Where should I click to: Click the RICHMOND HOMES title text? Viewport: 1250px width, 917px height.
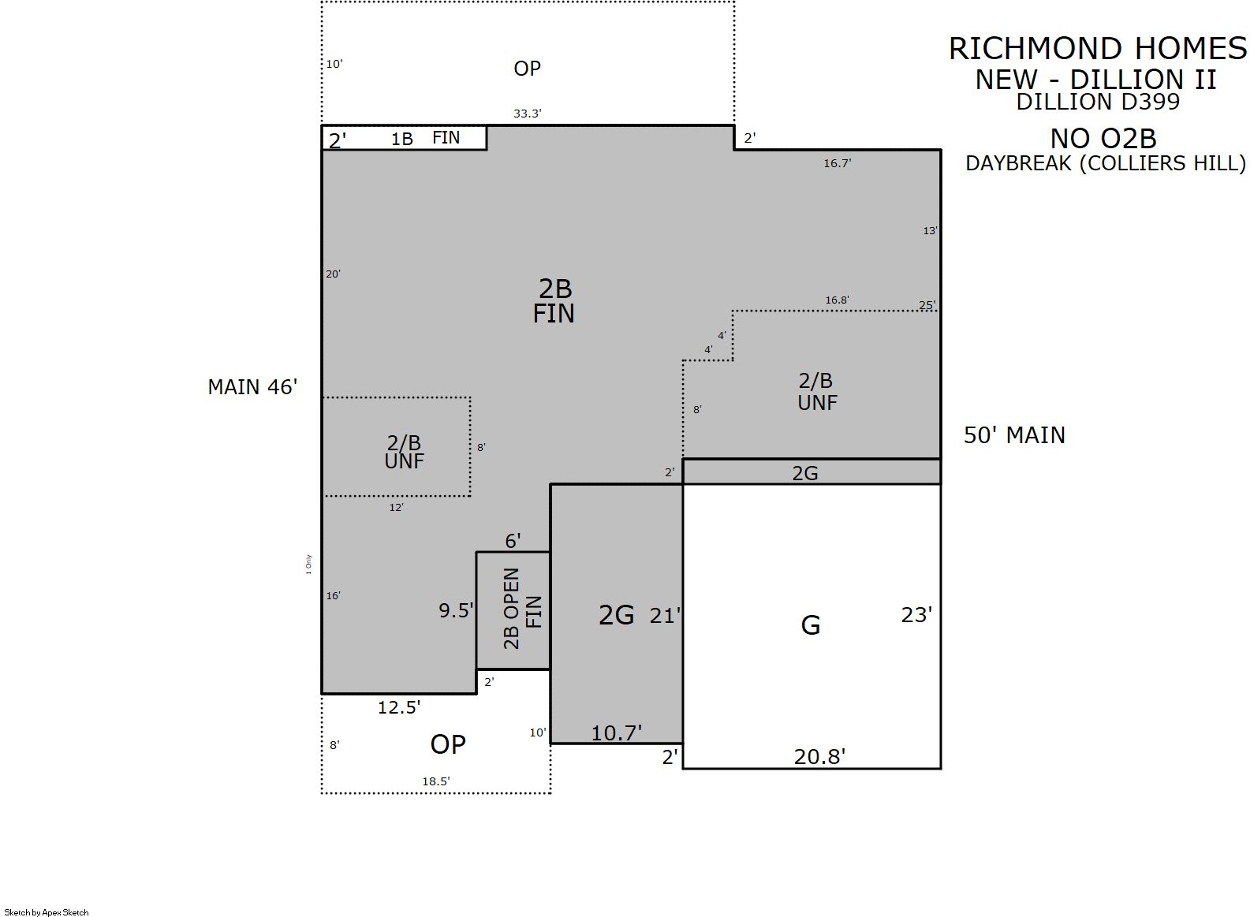coord(1097,49)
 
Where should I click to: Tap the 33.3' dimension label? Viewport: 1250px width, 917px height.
coord(528,114)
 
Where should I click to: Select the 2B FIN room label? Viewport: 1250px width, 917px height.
coord(554,301)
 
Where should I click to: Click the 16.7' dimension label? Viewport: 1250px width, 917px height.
coord(837,163)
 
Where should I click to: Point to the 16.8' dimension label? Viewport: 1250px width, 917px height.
coord(837,300)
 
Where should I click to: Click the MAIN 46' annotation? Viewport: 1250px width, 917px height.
coord(252,387)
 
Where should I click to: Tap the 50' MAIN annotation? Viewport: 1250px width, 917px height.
coord(1014,435)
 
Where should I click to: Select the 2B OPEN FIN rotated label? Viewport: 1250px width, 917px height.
coord(522,609)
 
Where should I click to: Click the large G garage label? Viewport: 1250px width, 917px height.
coord(810,625)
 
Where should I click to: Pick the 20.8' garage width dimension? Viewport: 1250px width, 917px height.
coord(819,757)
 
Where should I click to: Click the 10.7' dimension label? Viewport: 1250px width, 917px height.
coord(617,733)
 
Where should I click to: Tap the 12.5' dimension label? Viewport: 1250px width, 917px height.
coord(399,708)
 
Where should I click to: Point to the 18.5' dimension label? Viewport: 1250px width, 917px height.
coord(436,781)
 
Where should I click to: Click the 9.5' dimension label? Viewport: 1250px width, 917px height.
coord(456,611)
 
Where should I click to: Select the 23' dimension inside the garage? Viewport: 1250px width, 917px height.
coord(916,615)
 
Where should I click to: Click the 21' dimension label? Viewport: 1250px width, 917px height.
coord(665,616)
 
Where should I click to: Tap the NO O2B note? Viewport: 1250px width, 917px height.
coord(1103,138)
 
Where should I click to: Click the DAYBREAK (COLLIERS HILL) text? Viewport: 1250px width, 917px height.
coord(1106,163)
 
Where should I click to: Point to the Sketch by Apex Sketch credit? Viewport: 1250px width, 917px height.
coord(47,912)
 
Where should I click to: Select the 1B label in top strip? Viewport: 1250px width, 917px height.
coord(401,139)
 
